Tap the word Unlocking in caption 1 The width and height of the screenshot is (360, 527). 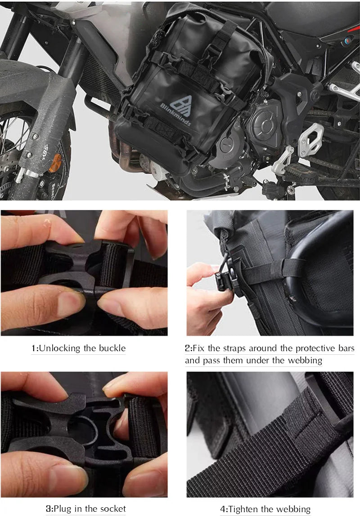pos(59,348)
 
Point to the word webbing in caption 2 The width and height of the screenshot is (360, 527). pos(306,361)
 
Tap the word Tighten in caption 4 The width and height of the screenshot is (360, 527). pos(243,509)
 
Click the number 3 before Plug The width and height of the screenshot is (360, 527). pos(49,509)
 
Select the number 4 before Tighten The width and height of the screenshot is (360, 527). pos(223,509)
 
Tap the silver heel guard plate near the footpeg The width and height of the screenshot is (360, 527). pos(311,139)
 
